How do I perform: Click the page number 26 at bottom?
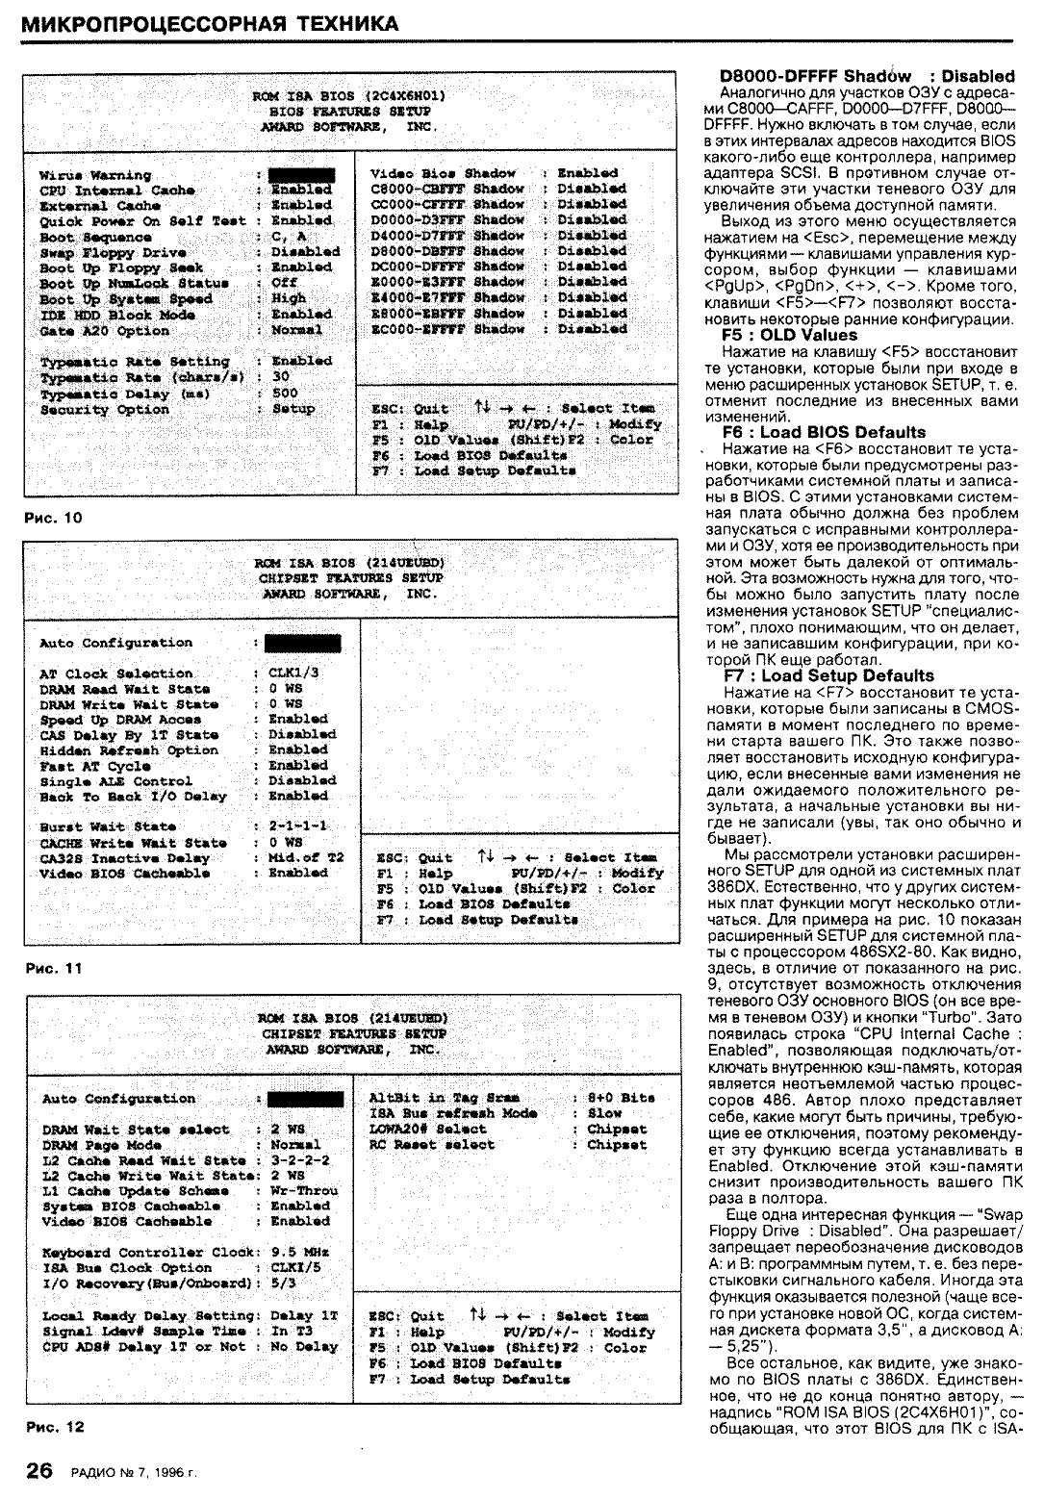click(38, 1470)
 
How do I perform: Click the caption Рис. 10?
click(53, 518)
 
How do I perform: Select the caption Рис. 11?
click(53, 969)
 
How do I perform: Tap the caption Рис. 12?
click(55, 1427)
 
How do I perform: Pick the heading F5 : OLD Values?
click(789, 335)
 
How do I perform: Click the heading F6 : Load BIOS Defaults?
click(824, 432)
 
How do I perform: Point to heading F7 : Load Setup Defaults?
click(828, 675)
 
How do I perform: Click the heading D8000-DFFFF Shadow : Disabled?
click(867, 76)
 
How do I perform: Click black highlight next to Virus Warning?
click(301, 175)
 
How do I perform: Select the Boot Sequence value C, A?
click(288, 237)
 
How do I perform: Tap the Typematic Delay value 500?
click(285, 394)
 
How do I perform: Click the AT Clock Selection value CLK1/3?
click(293, 673)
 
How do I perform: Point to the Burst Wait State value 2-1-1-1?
click(298, 826)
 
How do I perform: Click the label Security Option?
click(104, 410)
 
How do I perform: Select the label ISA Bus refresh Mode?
click(453, 1113)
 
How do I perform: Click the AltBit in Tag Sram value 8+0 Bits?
click(621, 1098)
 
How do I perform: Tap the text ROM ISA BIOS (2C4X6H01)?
click(348, 96)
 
